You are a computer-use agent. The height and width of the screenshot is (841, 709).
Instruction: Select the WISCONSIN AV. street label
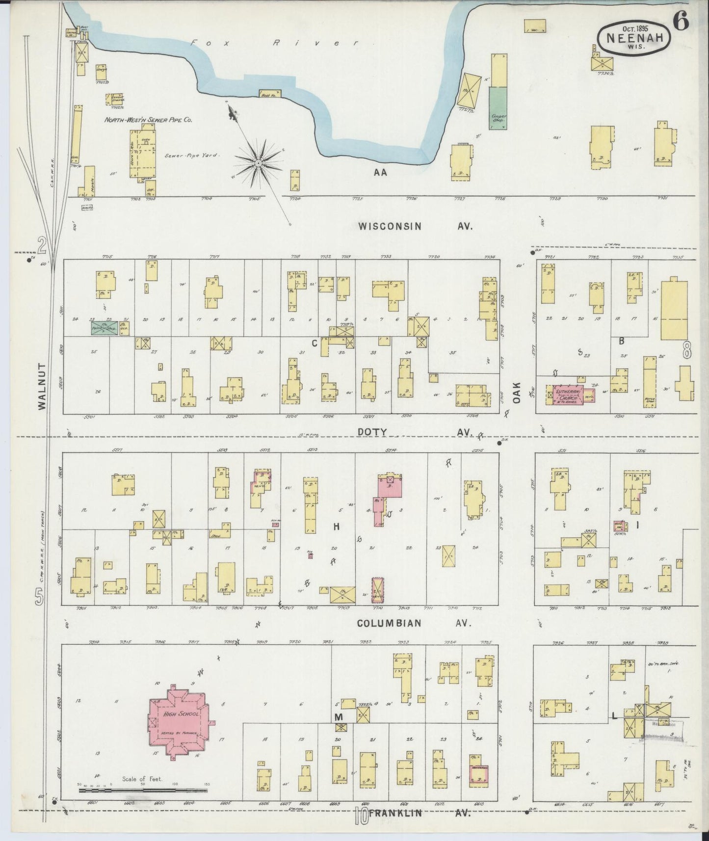[x=415, y=226]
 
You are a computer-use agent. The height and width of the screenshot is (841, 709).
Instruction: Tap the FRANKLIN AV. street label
[x=420, y=813]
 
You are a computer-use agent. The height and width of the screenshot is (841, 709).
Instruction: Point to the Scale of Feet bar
[x=142, y=790]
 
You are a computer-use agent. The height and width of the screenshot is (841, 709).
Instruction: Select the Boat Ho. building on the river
[x=270, y=93]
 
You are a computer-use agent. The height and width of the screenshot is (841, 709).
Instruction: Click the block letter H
[x=337, y=526]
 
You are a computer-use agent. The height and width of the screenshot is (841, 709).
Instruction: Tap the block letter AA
[x=380, y=172]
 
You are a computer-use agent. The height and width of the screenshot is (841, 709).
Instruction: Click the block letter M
[x=339, y=717]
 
